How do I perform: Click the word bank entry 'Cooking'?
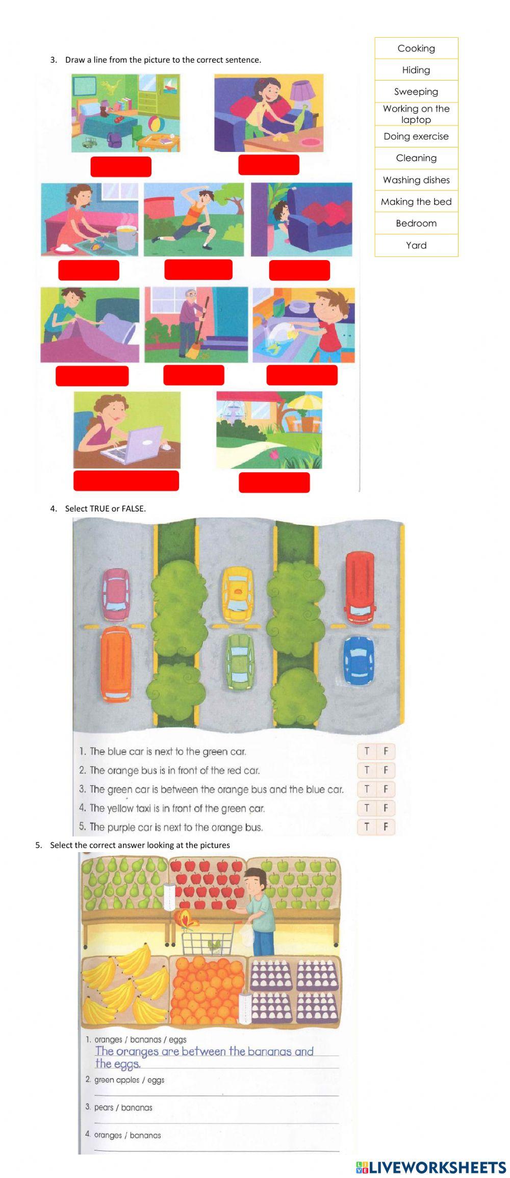416,48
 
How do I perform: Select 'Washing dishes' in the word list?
416,180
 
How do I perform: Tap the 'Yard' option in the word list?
416,245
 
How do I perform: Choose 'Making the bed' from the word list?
416,202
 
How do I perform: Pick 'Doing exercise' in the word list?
416,137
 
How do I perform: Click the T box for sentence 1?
367,751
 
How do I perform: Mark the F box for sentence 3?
386,789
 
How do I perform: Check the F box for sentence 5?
386,827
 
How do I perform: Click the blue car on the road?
358,660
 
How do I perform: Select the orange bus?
115,664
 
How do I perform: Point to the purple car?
115,591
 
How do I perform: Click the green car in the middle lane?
240,662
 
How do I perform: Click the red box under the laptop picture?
126,481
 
